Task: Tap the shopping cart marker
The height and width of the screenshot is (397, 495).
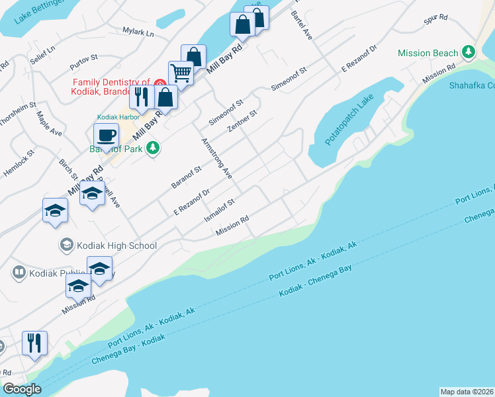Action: click(x=180, y=73)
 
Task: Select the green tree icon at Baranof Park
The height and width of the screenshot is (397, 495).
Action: click(x=154, y=147)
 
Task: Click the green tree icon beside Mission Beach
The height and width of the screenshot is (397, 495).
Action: click(x=469, y=52)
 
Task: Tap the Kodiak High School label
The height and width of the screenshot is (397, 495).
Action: click(x=116, y=245)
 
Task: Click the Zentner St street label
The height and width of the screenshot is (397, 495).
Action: click(x=242, y=121)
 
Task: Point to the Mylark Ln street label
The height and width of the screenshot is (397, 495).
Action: click(x=138, y=31)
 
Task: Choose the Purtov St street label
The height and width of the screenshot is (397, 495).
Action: click(x=83, y=62)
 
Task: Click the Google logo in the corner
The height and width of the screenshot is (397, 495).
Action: click(x=22, y=390)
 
